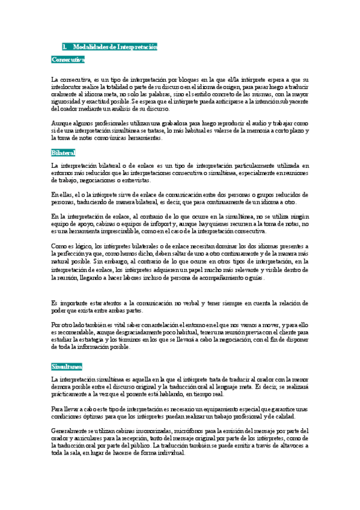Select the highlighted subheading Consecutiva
click(x=68, y=60)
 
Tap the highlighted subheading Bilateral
click(x=63, y=153)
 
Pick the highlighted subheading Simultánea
click(x=67, y=366)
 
